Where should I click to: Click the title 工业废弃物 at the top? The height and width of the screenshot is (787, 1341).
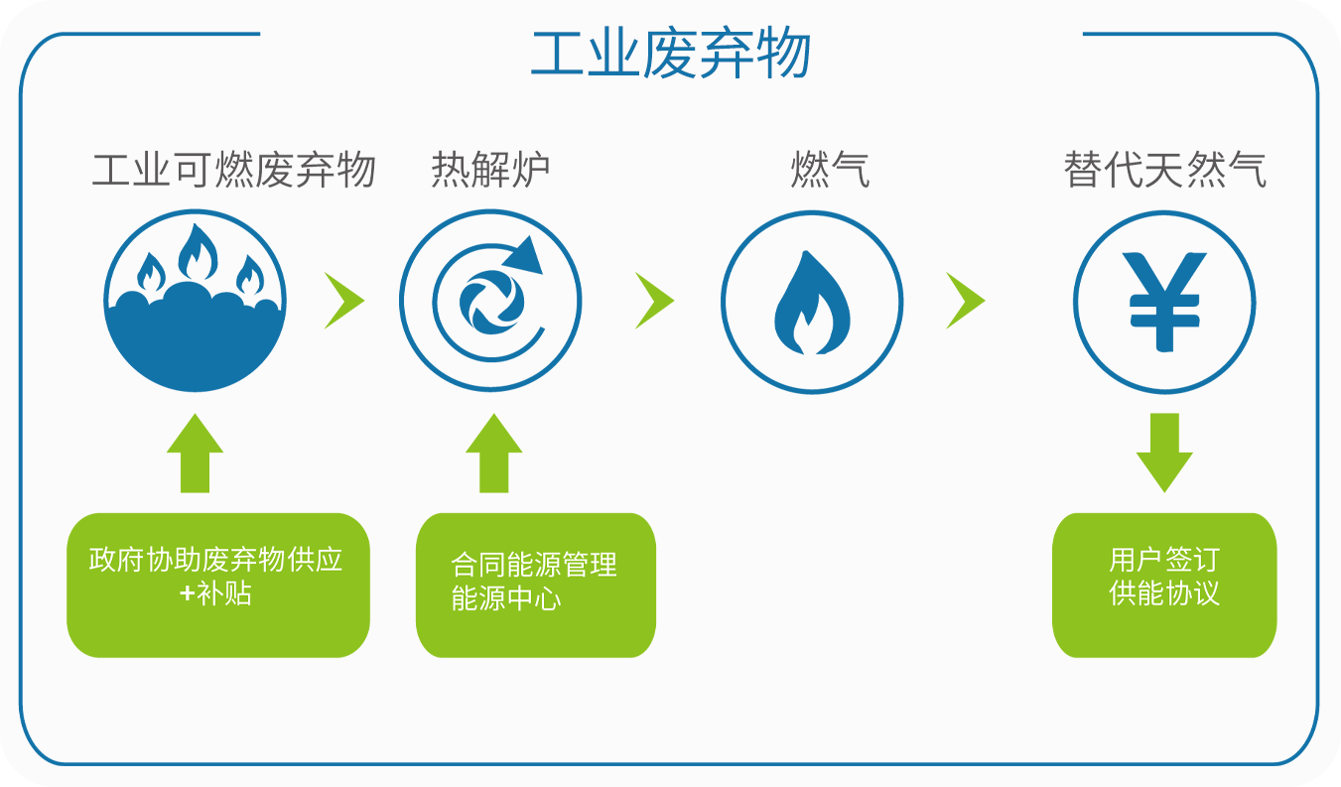[x=671, y=54]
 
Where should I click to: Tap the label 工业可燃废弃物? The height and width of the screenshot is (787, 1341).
[x=233, y=170]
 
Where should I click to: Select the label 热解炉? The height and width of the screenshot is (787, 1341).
[x=490, y=170]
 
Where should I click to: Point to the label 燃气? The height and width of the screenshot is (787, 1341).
[x=830, y=170]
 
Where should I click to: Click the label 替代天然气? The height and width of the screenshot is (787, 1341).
[x=1164, y=170]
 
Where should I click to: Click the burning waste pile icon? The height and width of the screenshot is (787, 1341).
[x=196, y=300]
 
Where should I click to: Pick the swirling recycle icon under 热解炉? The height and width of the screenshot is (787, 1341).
[x=490, y=300]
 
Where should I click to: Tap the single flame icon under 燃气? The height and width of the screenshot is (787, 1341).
[x=812, y=302]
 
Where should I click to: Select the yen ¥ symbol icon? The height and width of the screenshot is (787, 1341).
[x=1164, y=302]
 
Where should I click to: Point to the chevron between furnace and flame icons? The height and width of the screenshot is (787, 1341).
[x=653, y=300]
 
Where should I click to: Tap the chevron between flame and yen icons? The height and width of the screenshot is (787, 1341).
[x=963, y=300]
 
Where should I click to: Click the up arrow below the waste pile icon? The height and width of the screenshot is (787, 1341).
[x=195, y=454]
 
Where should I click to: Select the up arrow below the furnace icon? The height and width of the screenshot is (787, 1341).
[x=493, y=454]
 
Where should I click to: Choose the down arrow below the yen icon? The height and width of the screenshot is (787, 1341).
[x=1164, y=452]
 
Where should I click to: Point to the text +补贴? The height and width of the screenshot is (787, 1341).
[x=215, y=594]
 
